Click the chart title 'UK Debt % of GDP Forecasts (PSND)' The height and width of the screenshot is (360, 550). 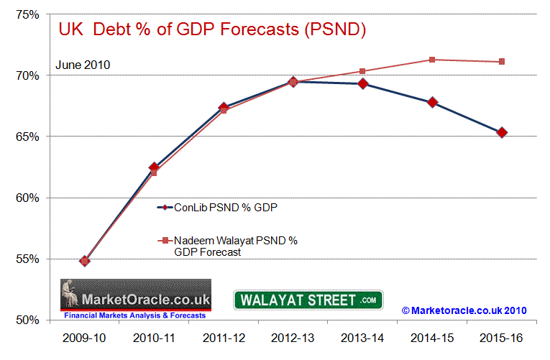tap(213, 30)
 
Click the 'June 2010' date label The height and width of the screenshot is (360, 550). tap(84, 65)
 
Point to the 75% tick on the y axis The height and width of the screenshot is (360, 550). tap(29, 14)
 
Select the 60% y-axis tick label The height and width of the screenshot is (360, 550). tap(29, 198)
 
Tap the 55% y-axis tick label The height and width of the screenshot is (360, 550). tap(29, 259)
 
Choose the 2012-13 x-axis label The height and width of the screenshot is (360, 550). tap(293, 336)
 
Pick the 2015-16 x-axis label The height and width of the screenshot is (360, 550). tap(501, 336)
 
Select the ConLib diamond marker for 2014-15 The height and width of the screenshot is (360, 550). tap(432, 102)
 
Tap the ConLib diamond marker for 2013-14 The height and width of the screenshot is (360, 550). tap(362, 84)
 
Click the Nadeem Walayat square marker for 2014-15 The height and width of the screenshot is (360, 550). tap(432, 60)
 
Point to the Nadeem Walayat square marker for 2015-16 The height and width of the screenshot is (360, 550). tap(502, 62)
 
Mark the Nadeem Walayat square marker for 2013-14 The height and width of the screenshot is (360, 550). tap(362, 71)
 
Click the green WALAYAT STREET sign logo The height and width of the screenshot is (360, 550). tap(308, 300)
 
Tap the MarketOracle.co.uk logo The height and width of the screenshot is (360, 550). tap(135, 300)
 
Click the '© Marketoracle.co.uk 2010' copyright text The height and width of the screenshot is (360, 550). tap(464, 310)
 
